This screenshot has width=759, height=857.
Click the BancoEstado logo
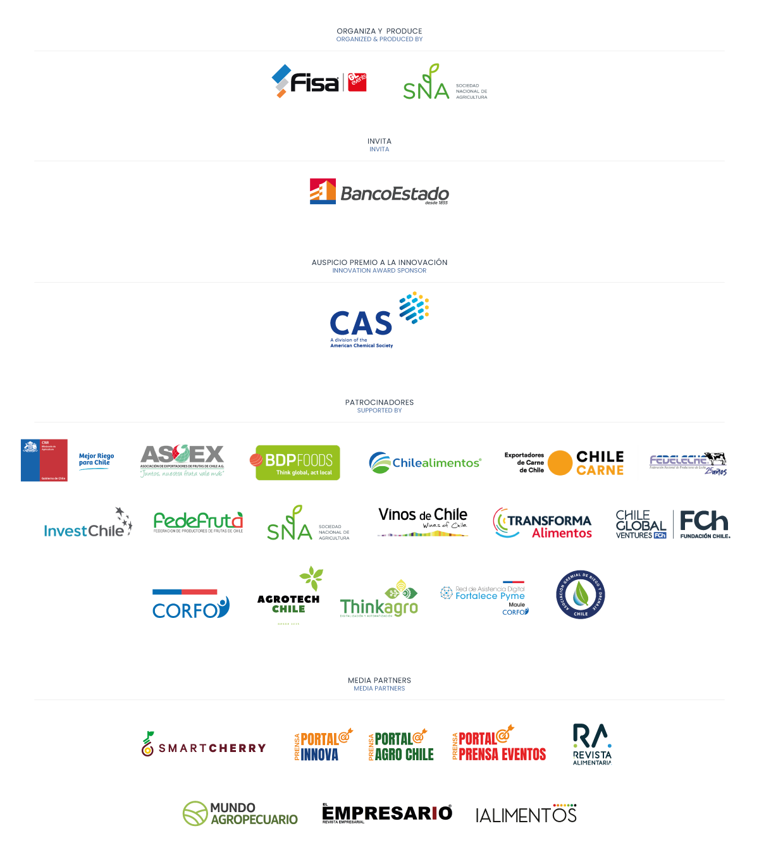pyautogui.click(x=379, y=192)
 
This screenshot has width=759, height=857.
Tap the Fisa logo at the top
pyautogui.click(x=319, y=82)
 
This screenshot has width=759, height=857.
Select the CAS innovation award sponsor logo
pyautogui.click(x=379, y=319)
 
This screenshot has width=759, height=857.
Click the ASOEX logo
pyautogui.click(x=182, y=462)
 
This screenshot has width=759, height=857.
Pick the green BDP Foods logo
pyautogui.click(x=297, y=462)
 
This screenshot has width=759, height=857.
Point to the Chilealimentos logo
pyautogui.click(x=425, y=462)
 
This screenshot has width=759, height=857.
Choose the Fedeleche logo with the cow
pyautogui.click(x=688, y=462)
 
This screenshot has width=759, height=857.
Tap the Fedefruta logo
pyautogui.click(x=198, y=522)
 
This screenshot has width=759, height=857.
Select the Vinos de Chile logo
pyautogui.click(x=423, y=522)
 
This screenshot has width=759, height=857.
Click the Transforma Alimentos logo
pyautogui.click(x=542, y=523)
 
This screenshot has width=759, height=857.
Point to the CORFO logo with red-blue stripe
pyautogui.click(x=190, y=604)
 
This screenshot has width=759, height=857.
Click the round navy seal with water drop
pyautogui.click(x=580, y=595)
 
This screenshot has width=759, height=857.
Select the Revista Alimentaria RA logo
pyautogui.click(x=592, y=744)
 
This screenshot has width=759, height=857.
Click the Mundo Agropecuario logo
pyautogui.click(x=240, y=813)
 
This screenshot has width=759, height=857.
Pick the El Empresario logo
pyautogui.click(x=388, y=813)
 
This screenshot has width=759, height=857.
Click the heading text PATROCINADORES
pyautogui.click(x=379, y=402)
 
